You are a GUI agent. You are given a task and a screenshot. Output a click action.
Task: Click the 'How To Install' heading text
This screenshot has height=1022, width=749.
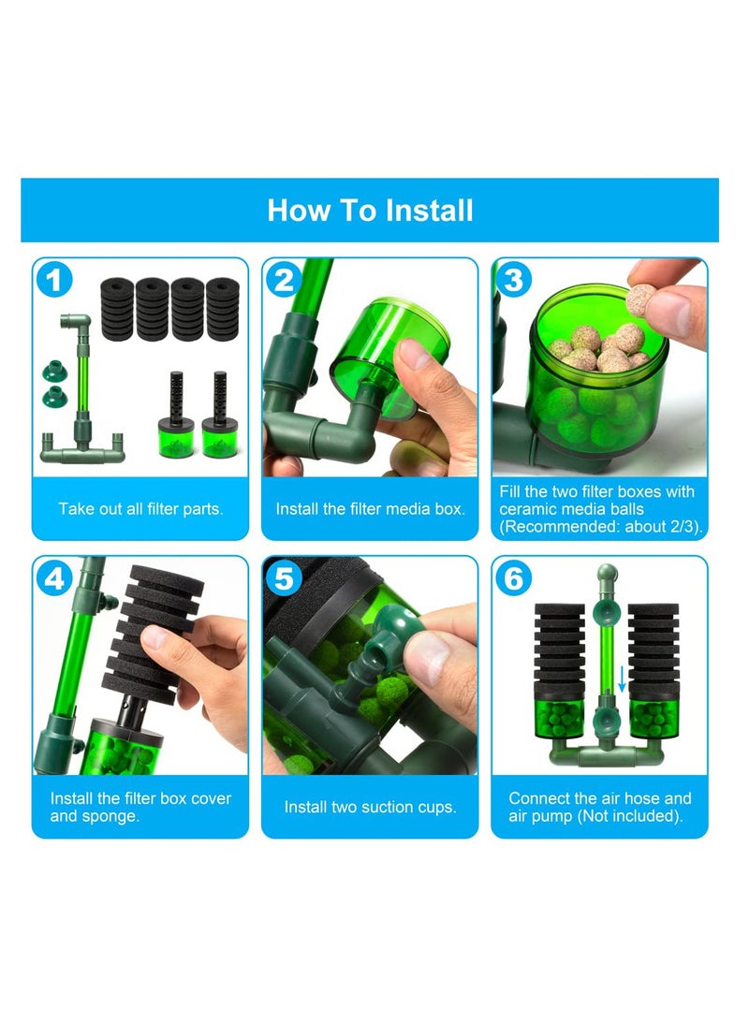point(370,210)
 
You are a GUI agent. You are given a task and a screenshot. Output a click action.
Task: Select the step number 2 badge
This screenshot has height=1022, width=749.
point(283,280)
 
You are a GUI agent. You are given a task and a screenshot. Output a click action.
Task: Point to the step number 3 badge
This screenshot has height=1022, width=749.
point(513,280)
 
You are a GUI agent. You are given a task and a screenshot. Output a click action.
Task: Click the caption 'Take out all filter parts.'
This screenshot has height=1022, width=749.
point(140,509)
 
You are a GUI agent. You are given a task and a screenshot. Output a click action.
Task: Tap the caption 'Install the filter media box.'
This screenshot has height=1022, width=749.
point(370,509)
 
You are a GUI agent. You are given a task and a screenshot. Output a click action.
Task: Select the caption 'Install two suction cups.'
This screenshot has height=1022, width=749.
point(370,807)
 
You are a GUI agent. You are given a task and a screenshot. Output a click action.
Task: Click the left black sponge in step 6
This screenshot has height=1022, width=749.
point(559,647)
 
